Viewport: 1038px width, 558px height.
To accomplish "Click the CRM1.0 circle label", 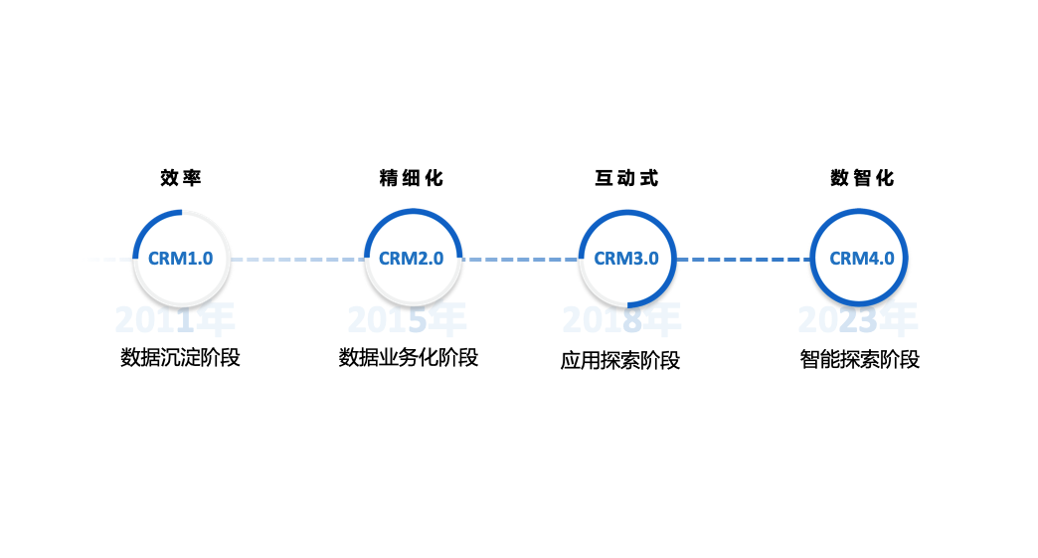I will pyautogui.click(x=181, y=259).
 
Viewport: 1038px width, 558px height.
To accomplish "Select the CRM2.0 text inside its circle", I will pyautogui.click(x=412, y=259).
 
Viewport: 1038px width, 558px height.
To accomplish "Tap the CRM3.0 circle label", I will pyautogui.click(x=626, y=259).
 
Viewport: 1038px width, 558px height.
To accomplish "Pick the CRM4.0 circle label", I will pyautogui.click(x=861, y=259).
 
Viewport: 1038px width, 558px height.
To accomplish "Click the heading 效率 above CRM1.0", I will pyautogui.click(x=181, y=178).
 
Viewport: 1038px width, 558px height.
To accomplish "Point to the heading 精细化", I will pyautogui.click(x=412, y=178).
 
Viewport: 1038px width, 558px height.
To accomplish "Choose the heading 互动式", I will pyautogui.click(x=626, y=178).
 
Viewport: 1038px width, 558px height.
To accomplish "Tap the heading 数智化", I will pyautogui.click(x=862, y=178).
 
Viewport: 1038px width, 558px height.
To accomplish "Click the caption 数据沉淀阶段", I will pyautogui.click(x=181, y=357).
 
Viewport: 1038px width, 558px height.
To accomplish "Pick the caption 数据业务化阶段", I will pyautogui.click(x=409, y=357).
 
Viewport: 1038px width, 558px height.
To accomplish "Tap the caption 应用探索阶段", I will pyautogui.click(x=620, y=360).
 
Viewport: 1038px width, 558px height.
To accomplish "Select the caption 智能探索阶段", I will pyautogui.click(x=860, y=359).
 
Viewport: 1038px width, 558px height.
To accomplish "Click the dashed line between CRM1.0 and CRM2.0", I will pyautogui.click(x=296, y=260).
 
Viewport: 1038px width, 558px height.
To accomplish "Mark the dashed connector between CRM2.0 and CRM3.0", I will pyautogui.click(x=519, y=260).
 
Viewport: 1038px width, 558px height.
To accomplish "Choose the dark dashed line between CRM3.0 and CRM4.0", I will pyautogui.click(x=744, y=260).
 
